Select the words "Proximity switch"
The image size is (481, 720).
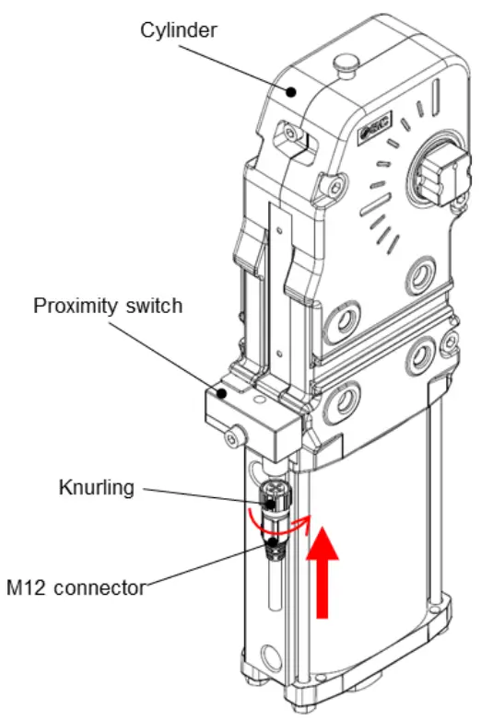(x=108, y=306)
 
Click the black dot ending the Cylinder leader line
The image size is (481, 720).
(x=290, y=90)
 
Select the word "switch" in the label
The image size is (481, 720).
(x=154, y=306)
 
